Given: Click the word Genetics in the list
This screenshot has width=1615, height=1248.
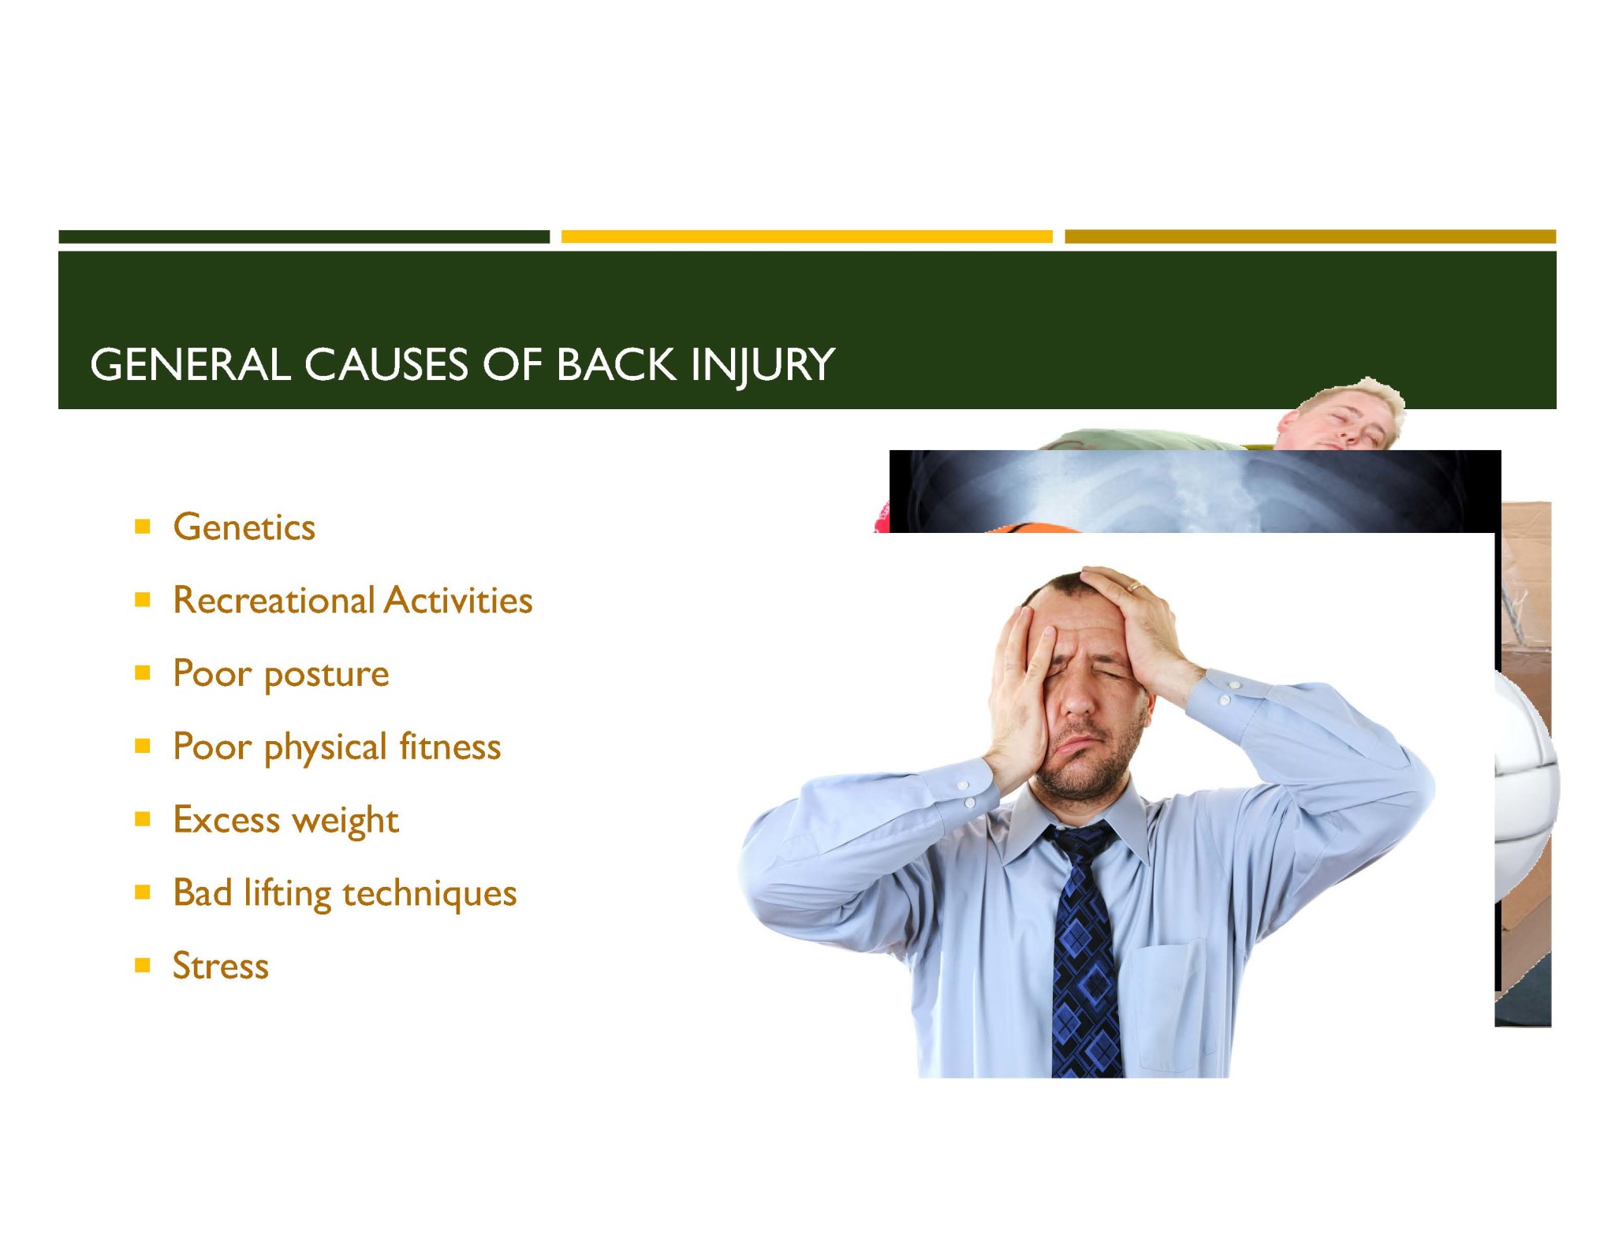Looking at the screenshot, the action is pyautogui.click(x=244, y=527).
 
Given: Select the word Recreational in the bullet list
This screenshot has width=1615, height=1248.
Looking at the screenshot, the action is pyautogui.click(x=274, y=600).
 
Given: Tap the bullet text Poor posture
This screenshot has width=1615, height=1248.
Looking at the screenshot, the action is pyautogui.click(x=281, y=674).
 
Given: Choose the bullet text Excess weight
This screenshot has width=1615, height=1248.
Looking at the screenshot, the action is pyautogui.click(x=285, y=820).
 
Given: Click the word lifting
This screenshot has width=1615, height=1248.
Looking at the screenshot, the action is pyautogui.click(x=287, y=893).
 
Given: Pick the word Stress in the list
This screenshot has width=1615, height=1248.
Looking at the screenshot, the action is pyautogui.click(x=221, y=966).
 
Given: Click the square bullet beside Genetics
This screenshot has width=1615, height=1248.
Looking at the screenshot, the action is pyautogui.click(x=143, y=527).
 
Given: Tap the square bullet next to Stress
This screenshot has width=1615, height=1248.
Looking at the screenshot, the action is pyautogui.click(x=143, y=965).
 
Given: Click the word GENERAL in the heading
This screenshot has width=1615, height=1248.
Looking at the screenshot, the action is pyautogui.click(x=190, y=365).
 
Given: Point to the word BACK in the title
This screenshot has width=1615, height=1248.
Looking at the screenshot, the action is pyautogui.click(x=616, y=365).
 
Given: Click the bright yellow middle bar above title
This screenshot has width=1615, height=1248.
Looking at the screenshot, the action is pyautogui.click(x=807, y=237).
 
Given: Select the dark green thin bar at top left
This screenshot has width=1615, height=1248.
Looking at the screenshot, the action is pyautogui.click(x=304, y=237).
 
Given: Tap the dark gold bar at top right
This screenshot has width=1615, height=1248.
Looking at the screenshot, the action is pyautogui.click(x=1310, y=237).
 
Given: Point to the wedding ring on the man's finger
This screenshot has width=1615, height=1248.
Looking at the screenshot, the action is pyautogui.click(x=1133, y=587).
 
